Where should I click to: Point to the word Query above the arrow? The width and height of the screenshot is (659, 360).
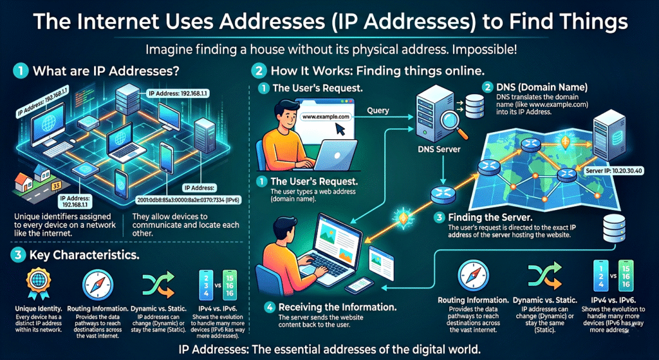tap(378, 110)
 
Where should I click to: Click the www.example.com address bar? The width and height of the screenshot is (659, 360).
tap(325, 117)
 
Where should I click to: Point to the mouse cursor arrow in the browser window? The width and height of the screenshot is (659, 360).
tap(340, 131)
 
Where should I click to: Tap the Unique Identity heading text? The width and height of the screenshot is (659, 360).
tap(33, 310)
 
